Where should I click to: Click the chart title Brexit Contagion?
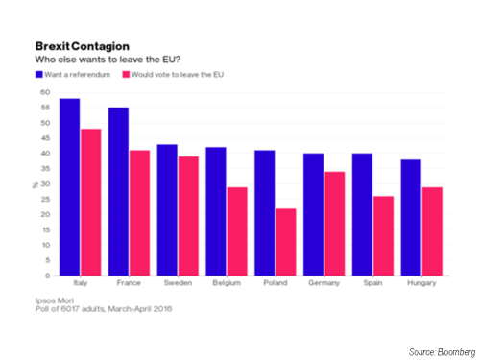pos(77,45)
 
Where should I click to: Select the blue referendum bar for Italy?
pos(69,187)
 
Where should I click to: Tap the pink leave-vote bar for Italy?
pos(92,202)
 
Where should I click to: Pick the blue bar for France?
pos(118,191)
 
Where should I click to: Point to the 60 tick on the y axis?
pos(45,92)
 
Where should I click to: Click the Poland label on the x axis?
pos(276,285)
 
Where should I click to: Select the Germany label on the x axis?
pos(324,285)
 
